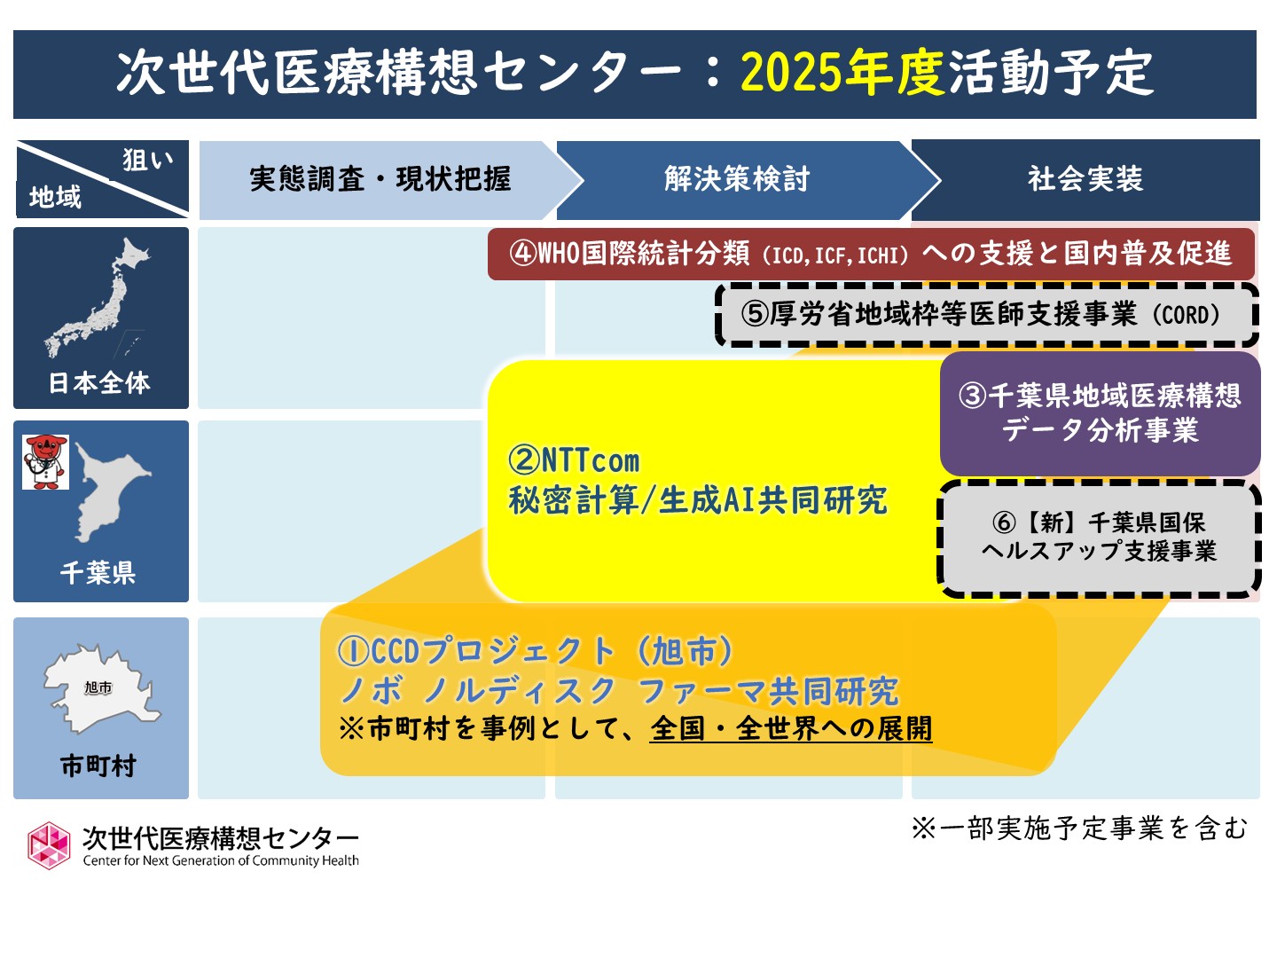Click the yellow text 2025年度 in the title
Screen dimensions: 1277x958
[x=842, y=74]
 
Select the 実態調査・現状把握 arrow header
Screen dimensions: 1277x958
[x=390, y=180]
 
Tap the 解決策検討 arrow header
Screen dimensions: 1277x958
[x=748, y=180]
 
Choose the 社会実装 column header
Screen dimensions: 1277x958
[x=1085, y=180]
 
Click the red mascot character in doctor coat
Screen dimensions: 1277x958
[x=45, y=462]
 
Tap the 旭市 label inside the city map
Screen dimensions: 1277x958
[x=98, y=687]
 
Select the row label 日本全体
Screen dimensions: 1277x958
[x=99, y=383]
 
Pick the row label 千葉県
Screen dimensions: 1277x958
[x=98, y=573]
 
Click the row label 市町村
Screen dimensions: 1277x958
[x=98, y=766]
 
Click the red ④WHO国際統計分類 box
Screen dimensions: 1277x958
[x=871, y=255]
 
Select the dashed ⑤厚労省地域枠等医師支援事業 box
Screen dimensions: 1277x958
[x=987, y=315]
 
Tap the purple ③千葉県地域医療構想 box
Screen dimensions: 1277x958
[x=1101, y=413]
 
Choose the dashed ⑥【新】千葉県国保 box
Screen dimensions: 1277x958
[x=1099, y=538]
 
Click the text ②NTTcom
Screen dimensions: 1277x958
[x=574, y=461]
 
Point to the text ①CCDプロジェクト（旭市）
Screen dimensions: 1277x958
[x=536, y=650]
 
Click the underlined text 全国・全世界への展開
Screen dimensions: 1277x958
[x=791, y=729]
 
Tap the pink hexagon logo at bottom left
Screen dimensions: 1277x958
[x=49, y=845]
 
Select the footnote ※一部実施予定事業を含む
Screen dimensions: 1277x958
[x=1079, y=828]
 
